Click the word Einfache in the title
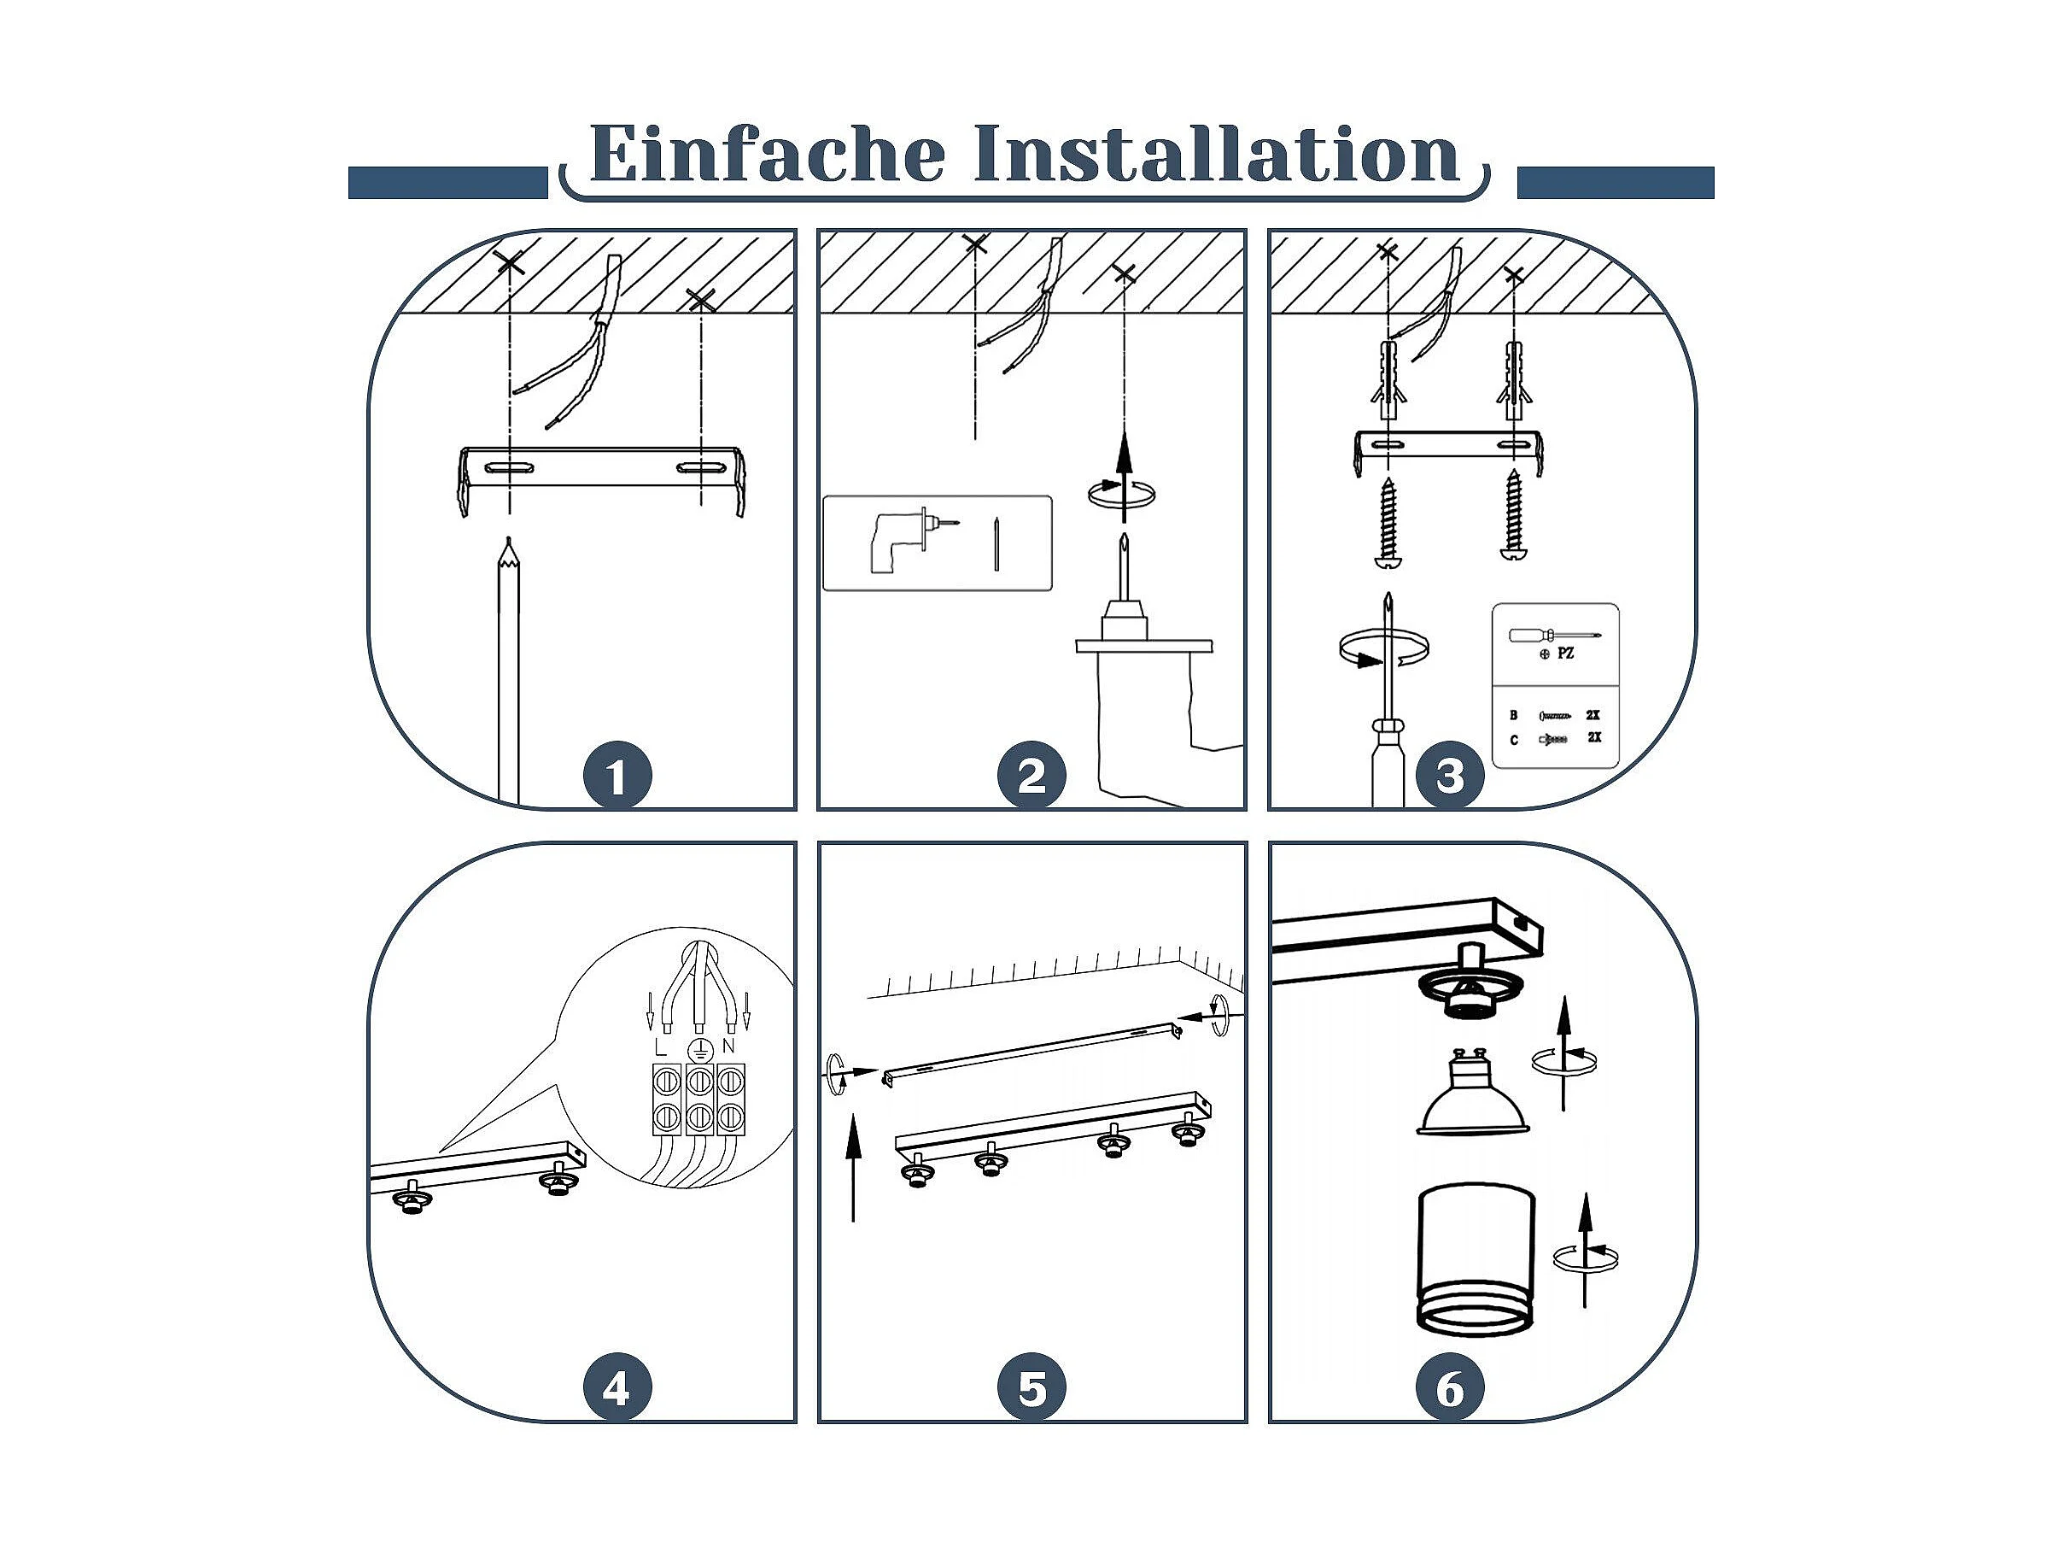(768, 153)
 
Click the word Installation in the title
(1217, 153)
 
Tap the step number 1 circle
(617, 776)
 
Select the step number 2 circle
(1031, 776)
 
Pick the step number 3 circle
(1450, 776)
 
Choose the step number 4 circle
(617, 1388)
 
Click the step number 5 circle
(1031, 1388)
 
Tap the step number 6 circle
(1450, 1388)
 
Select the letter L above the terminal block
(661, 1047)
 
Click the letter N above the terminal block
(728, 1047)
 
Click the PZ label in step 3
(1565, 654)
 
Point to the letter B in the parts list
(1514, 716)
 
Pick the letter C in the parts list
(1514, 740)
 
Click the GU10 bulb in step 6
(1474, 1093)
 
